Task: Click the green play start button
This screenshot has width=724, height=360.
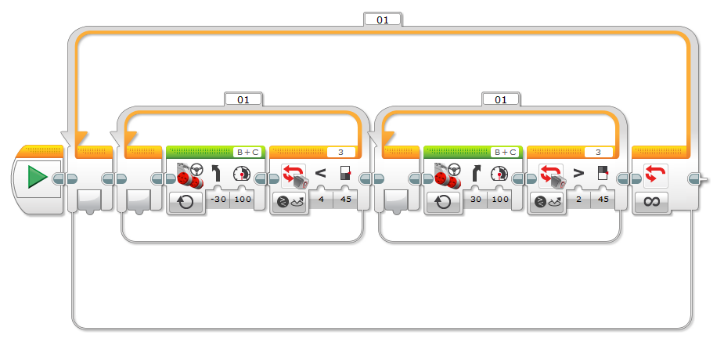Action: [x=38, y=178]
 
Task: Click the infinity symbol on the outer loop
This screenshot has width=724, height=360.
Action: [x=651, y=202]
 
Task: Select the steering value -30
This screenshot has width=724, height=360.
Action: [x=218, y=200]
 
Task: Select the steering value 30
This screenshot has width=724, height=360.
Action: [x=476, y=200]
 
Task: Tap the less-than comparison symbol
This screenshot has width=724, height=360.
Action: [x=320, y=174]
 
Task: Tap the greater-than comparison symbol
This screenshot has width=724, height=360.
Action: [x=578, y=174]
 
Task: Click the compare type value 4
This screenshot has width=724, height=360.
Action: [x=322, y=200]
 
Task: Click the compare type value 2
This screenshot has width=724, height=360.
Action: [x=579, y=200]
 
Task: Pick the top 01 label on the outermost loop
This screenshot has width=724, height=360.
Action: [x=383, y=20]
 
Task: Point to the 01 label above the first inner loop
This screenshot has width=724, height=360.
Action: [x=243, y=99]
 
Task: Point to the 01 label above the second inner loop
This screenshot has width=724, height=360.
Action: [x=501, y=99]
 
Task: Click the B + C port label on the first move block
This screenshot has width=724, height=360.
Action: [x=247, y=153]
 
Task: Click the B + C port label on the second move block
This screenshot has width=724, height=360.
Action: [x=506, y=153]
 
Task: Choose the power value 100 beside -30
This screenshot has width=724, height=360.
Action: [x=243, y=200]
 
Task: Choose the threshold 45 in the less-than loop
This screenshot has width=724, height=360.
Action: [x=345, y=200]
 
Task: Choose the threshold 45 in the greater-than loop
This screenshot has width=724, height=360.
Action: [x=603, y=200]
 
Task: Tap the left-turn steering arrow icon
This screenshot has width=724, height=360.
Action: [x=215, y=174]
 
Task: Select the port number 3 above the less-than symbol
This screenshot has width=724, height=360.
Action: [x=340, y=153]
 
